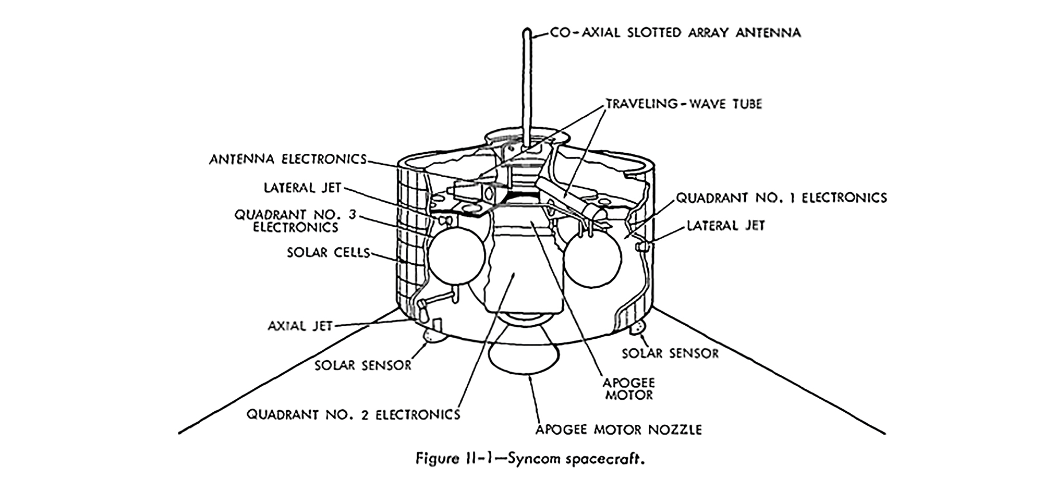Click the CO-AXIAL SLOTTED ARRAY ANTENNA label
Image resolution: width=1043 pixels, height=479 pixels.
[x=675, y=33]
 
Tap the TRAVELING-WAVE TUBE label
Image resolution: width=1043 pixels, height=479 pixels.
[x=684, y=104]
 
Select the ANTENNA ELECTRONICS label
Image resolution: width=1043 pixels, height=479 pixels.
[x=288, y=159]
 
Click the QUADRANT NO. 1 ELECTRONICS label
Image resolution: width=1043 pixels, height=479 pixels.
[x=781, y=198]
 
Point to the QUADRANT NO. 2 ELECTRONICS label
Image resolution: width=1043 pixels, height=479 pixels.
[x=353, y=415]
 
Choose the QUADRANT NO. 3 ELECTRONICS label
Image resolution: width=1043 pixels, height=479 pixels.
[x=295, y=221]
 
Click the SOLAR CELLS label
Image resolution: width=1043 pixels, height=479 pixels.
[x=328, y=253]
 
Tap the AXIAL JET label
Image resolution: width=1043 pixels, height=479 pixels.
[x=300, y=326]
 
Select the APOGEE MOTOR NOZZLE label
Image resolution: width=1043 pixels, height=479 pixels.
[x=618, y=429]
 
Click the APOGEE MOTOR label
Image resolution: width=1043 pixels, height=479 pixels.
[x=628, y=389]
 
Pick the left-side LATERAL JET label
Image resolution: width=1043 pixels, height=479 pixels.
[x=302, y=188]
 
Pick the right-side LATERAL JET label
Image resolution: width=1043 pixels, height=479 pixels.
[x=725, y=226]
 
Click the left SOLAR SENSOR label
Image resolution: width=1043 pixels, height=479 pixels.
[x=363, y=365]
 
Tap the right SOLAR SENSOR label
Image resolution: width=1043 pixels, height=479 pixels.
[x=670, y=353]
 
